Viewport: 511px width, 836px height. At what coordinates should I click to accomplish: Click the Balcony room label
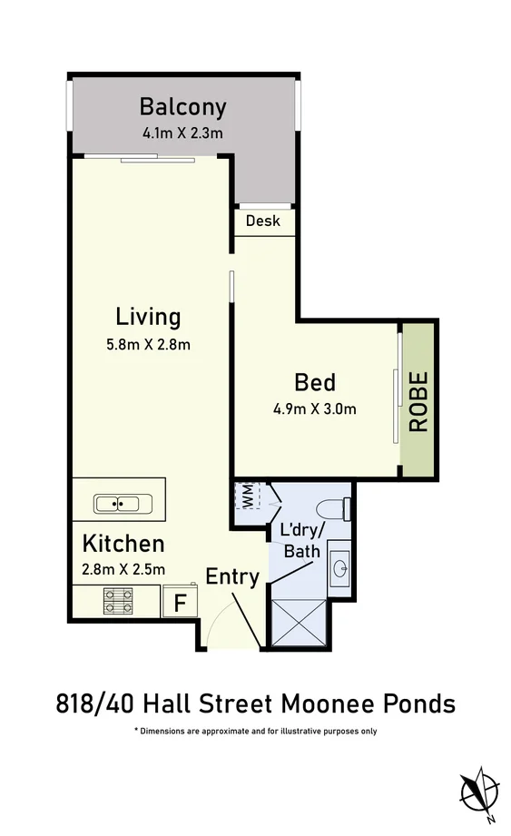[182, 107]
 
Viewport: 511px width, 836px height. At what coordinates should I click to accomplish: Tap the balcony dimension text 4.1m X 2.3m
[182, 133]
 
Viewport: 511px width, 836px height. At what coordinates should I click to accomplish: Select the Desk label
[263, 221]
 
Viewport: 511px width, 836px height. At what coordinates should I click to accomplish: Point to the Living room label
[148, 317]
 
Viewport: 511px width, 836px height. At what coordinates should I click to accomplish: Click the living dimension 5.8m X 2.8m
[148, 344]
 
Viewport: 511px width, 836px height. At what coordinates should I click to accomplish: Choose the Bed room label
[315, 381]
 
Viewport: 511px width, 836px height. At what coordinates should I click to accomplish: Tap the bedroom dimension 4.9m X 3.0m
[315, 408]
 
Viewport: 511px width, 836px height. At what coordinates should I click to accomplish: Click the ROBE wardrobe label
[418, 400]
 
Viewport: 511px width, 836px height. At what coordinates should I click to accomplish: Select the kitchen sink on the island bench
[118, 503]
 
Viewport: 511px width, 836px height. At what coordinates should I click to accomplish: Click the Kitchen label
[123, 544]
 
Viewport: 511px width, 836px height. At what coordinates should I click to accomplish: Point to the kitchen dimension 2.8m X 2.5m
[123, 570]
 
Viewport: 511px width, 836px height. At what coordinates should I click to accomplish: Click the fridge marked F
[180, 603]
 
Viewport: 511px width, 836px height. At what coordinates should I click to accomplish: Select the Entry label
[232, 576]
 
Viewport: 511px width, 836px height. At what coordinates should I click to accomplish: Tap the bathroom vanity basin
[339, 567]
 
